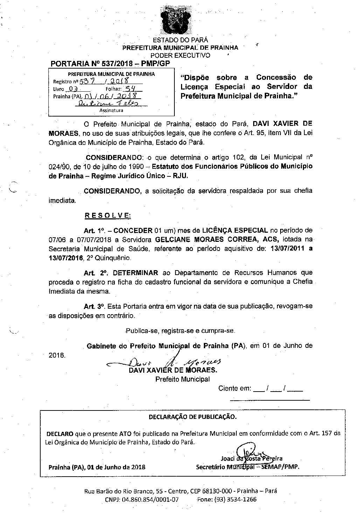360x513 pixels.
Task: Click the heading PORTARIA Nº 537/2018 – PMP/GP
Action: [x=110, y=64]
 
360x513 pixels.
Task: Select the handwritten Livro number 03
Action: [x=72, y=89]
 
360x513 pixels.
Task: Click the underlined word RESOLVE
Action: [x=108, y=215]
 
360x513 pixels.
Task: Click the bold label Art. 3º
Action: [x=95, y=306]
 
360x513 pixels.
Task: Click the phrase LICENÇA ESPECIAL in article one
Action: [x=235, y=230]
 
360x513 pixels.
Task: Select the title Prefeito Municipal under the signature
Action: [x=182, y=379]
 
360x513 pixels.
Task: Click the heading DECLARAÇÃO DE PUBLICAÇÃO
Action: [x=193, y=417]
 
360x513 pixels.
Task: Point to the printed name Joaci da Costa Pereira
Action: [x=251, y=458]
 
